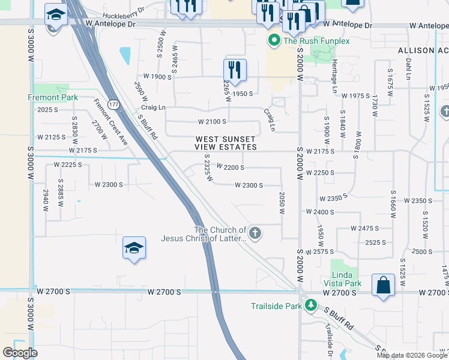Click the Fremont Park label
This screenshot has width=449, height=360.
pyautogui.click(x=53, y=97)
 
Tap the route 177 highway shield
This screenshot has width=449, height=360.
pyautogui.click(x=113, y=104)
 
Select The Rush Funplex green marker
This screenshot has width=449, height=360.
pyautogui.click(x=274, y=41)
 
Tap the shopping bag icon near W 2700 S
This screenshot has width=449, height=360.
pyautogui.click(x=383, y=286)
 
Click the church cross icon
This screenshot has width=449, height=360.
pyautogui.click(x=255, y=233)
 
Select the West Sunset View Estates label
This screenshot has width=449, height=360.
pyautogui.click(x=226, y=143)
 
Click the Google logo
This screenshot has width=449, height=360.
pyautogui.click(x=20, y=353)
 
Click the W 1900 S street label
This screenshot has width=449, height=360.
pyautogui.click(x=157, y=77)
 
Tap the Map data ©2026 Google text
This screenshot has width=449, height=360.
pyautogui.click(x=412, y=355)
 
